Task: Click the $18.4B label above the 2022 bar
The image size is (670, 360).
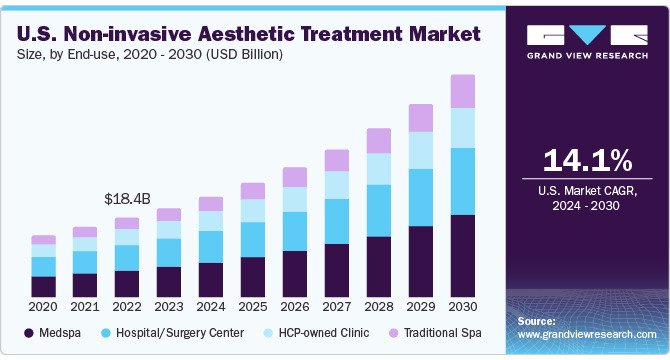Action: [127, 199]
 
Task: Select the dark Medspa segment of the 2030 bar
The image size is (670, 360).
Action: [463, 256]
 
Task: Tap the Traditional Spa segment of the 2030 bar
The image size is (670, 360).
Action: [463, 91]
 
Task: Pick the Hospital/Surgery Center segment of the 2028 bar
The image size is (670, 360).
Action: [379, 211]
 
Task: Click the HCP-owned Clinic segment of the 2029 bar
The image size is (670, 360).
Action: [421, 150]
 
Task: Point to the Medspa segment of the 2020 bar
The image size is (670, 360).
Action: [44, 287]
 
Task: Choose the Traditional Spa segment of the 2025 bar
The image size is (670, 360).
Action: [253, 191]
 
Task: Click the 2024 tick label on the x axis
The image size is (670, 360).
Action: [211, 307]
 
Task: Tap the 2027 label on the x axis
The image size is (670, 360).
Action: [337, 307]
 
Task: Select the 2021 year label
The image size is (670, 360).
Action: [85, 307]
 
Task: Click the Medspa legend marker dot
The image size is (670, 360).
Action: [29, 333]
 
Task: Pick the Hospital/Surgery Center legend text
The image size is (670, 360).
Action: [180, 333]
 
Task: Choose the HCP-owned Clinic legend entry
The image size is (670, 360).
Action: [317, 333]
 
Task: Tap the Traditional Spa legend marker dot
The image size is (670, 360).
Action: [394, 333]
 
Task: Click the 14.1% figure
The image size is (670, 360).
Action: [588, 161]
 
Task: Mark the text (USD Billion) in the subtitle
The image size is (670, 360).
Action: [244, 55]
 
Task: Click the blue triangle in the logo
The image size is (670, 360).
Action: [588, 34]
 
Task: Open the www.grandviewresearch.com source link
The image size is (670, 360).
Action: [587, 334]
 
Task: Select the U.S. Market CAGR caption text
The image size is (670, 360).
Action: [588, 190]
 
